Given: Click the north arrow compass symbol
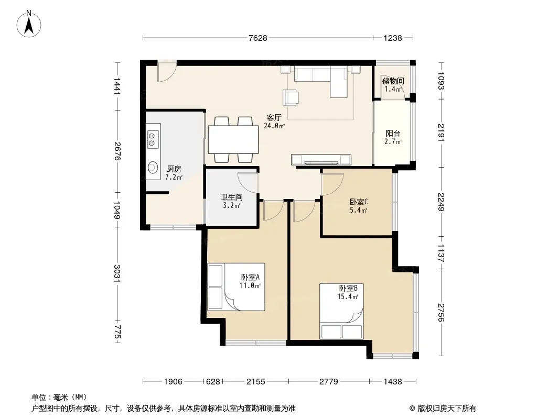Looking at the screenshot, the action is click(29, 24).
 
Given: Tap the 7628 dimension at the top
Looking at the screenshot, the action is click(258, 38).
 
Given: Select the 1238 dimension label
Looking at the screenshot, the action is click(393, 38).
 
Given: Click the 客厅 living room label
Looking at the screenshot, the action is click(274, 117).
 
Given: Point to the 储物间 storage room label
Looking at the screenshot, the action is click(393, 81).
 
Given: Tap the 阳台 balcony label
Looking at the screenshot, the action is click(393, 134).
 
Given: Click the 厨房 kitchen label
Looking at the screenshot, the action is click(174, 169).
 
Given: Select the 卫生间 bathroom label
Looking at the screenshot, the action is click(232, 197).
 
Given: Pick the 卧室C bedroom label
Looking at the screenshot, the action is click(359, 202).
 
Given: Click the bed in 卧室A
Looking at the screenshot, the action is click(236, 287).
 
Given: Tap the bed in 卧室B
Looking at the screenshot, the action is click(341, 311).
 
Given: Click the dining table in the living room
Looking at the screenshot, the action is click(233, 139).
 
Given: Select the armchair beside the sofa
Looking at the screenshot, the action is click(291, 97).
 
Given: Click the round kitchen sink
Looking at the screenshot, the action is click(153, 168).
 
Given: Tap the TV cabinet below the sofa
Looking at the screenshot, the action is click(321, 160).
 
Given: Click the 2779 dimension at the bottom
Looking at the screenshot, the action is click(328, 382).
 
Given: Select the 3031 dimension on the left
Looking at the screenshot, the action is click(117, 273).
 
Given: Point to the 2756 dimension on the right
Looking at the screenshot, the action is click(441, 312).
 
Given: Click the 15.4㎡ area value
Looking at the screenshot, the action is click(348, 296).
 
